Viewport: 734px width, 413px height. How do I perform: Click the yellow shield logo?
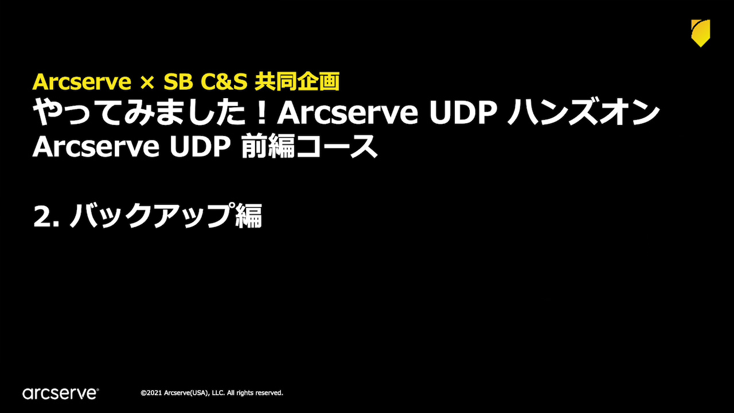701,33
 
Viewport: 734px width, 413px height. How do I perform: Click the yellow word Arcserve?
81,81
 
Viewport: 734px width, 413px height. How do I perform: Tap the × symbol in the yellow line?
147,82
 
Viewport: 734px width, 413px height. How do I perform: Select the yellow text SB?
178,81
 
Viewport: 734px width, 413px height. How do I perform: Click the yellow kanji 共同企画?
297,81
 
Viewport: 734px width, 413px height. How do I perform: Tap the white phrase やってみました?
140,112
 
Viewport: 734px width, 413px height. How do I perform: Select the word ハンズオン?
583,112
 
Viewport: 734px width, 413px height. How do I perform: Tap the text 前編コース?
309,146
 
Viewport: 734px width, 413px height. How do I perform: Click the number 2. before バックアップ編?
46,216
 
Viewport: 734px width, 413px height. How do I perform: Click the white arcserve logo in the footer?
61,393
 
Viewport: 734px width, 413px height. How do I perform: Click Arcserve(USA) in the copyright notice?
186,393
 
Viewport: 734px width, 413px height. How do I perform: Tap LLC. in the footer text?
218,393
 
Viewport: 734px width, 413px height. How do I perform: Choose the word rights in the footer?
244,393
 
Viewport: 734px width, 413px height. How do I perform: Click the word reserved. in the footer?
269,393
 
